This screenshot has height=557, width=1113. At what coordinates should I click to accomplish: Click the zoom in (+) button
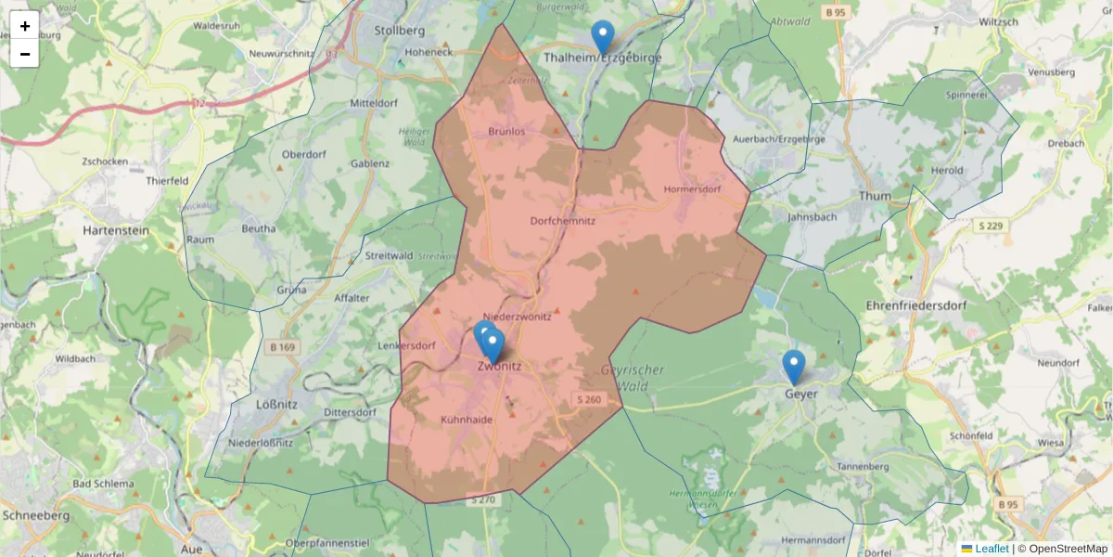pyautogui.click(x=25, y=26)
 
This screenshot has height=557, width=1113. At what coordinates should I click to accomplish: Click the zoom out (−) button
pyautogui.click(x=25, y=54)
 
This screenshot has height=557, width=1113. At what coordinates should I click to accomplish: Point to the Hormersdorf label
pyautogui.click(x=692, y=189)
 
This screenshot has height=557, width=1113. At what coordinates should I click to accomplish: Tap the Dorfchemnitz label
pyautogui.click(x=563, y=221)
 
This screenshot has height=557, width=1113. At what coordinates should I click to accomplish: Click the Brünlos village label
pyautogui.click(x=506, y=132)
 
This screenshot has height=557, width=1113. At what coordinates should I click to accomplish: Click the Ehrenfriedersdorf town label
pyautogui.click(x=917, y=305)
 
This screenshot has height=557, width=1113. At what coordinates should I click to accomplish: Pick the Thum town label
pyautogui.click(x=875, y=196)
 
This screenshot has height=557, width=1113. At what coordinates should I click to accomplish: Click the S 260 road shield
pyautogui.click(x=588, y=400)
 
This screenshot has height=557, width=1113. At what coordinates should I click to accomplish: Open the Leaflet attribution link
pyautogui.click(x=991, y=549)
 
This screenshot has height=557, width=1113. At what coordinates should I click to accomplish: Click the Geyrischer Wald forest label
pyautogui.click(x=633, y=376)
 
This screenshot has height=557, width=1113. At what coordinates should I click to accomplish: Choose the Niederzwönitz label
pyautogui.click(x=518, y=317)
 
